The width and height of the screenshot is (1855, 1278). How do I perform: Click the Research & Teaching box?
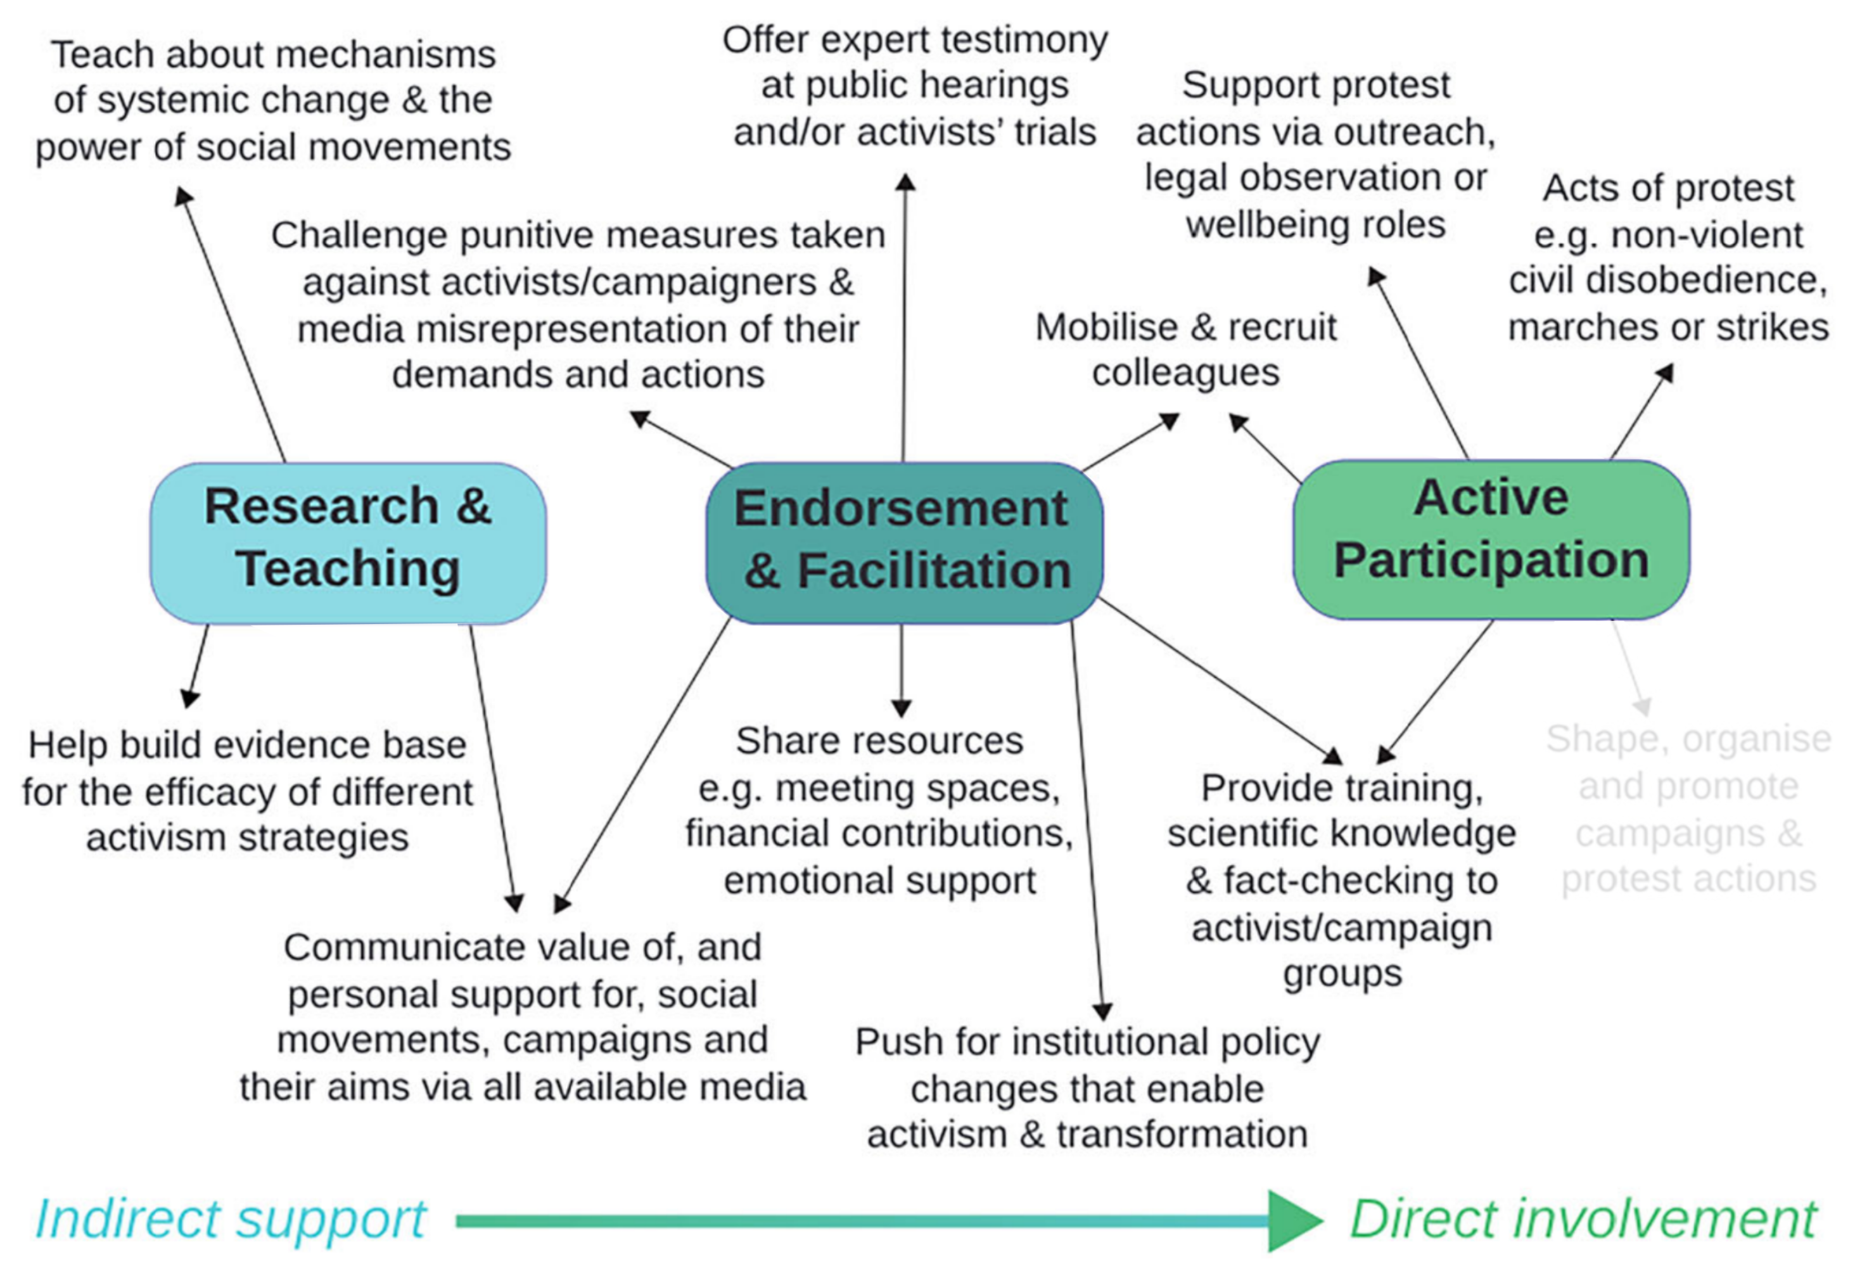[x=348, y=542]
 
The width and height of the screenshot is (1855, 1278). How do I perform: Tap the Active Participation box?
[x=1491, y=539]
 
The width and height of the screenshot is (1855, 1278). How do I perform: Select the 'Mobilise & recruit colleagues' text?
[x=1186, y=349]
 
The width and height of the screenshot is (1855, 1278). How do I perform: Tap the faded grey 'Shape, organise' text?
[x=1688, y=739]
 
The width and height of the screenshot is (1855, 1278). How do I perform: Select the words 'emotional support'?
[x=879, y=880]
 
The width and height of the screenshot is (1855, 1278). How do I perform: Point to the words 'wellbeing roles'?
[x=1315, y=224]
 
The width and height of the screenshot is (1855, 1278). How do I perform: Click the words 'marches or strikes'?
[x=1667, y=327]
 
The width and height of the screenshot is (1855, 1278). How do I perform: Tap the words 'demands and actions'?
[x=578, y=374]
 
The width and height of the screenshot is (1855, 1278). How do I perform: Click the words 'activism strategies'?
[x=247, y=838]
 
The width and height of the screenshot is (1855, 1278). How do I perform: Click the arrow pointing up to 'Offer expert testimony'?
[x=905, y=321]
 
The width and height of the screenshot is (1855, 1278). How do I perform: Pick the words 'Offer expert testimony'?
[x=914, y=39]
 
